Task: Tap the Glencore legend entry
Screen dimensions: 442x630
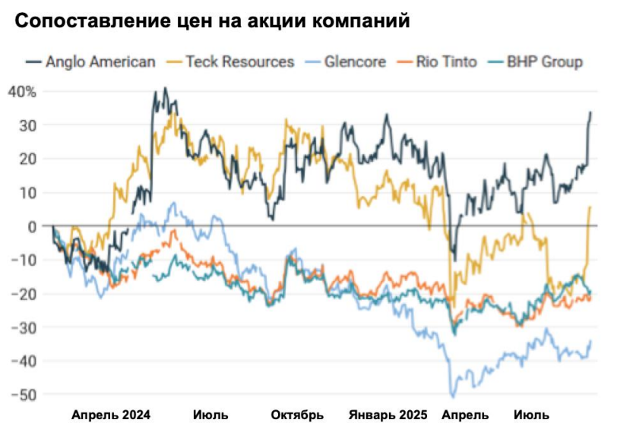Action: [355, 62]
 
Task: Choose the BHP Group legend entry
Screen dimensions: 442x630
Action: [546, 62]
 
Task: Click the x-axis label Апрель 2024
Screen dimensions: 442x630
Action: [111, 415]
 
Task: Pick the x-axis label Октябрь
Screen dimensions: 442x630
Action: [297, 415]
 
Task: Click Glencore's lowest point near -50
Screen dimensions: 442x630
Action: [454, 396]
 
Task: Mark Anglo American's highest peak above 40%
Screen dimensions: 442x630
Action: [165, 88]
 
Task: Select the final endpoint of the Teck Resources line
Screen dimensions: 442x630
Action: [590, 207]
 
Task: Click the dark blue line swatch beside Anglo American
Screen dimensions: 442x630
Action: [33, 62]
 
